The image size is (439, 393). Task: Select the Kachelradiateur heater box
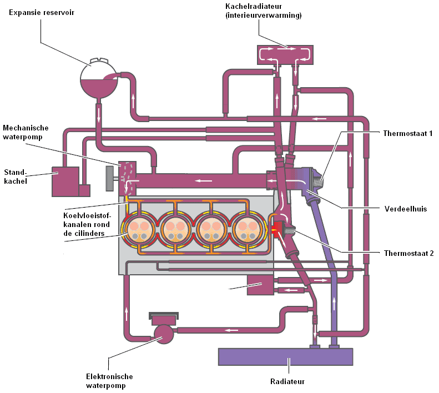[x=285, y=54]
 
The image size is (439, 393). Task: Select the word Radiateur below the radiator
[x=287, y=381]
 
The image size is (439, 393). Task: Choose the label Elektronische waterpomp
[x=109, y=381]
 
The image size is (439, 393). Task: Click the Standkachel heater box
[x=65, y=180]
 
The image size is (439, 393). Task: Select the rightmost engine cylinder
[x=245, y=229]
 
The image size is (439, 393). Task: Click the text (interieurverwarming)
[x=263, y=16]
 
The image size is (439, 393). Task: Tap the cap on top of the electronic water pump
[x=164, y=316]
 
